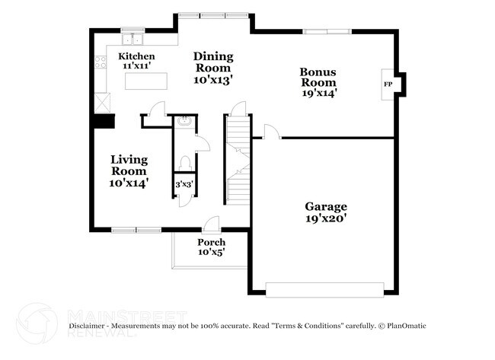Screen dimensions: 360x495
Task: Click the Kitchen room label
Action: tap(137, 57)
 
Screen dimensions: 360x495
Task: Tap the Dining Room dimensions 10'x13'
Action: tap(212, 78)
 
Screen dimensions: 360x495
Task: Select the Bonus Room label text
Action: tap(318, 76)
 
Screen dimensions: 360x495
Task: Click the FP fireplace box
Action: tap(388, 84)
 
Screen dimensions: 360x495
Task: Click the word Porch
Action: tap(212, 242)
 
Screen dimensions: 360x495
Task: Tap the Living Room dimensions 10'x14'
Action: tap(128, 183)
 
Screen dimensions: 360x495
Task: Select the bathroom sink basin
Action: tap(184, 121)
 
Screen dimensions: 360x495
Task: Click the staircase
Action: tap(238, 160)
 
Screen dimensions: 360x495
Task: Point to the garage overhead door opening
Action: tap(324, 288)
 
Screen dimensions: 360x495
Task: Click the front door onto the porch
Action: tap(212, 225)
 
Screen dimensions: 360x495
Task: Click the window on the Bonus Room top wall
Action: tap(327, 31)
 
